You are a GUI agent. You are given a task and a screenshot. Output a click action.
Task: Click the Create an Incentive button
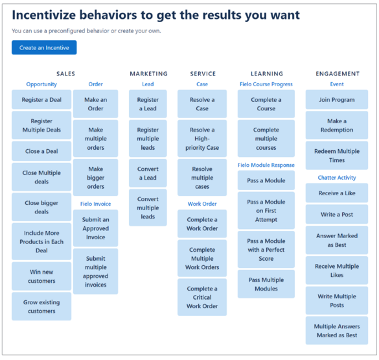click(x=44, y=47)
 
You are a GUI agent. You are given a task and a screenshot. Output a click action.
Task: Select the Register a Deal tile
click(x=41, y=100)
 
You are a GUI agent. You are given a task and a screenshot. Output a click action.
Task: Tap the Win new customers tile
click(x=41, y=276)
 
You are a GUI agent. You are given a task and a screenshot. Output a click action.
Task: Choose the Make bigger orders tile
click(x=96, y=178)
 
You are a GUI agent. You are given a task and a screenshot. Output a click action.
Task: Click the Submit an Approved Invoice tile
click(x=96, y=228)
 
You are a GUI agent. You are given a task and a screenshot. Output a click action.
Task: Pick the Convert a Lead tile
click(x=148, y=173)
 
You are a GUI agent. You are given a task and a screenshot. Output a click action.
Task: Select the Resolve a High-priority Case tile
click(x=202, y=139)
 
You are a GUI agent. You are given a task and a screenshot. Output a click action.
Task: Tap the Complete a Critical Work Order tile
click(x=202, y=297)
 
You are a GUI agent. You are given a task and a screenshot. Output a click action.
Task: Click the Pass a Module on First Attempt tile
click(x=266, y=210)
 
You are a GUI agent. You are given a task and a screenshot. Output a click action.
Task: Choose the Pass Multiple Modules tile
click(x=266, y=284)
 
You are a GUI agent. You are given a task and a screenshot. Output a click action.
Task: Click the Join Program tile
click(x=337, y=100)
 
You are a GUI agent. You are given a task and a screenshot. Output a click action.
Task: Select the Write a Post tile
click(x=337, y=214)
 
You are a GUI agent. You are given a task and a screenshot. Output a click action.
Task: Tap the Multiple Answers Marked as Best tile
click(x=337, y=330)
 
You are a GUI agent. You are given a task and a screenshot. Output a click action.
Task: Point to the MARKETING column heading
click(x=148, y=73)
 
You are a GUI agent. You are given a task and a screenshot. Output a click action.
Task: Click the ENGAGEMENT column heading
click(x=338, y=73)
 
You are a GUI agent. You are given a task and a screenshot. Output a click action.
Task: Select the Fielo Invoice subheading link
click(x=96, y=204)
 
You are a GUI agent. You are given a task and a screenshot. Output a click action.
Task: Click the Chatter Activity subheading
click(x=337, y=178)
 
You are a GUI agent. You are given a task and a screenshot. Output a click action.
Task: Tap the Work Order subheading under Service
click(x=202, y=204)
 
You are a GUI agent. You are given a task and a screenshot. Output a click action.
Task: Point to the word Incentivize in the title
click(x=44, y=15)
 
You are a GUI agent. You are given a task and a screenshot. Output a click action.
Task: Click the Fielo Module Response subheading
click(x=266, y=165)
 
